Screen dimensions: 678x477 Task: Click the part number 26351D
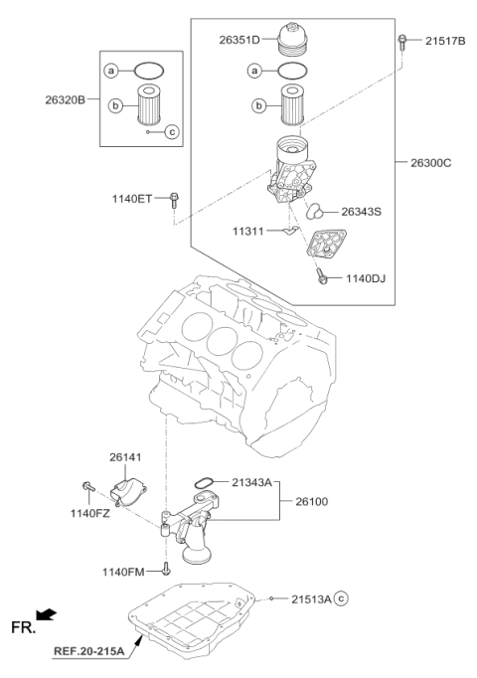[239, 40]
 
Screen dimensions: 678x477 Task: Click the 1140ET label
[132, 199]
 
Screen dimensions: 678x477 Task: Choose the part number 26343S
[361, 211]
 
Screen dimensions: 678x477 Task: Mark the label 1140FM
[124, 572]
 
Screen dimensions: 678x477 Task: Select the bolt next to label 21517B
[403, 41]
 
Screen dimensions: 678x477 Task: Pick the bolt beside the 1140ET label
[174, 199]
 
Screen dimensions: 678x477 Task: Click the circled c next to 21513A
[341, 599]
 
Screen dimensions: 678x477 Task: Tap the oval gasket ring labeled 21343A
[204, 483]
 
